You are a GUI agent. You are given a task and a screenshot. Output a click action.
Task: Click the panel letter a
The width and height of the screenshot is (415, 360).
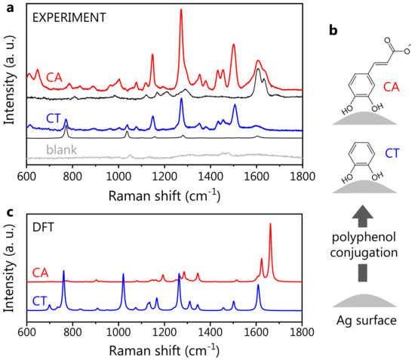click(6, 7)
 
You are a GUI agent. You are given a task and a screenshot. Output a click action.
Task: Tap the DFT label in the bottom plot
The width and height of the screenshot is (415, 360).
click(45, 220)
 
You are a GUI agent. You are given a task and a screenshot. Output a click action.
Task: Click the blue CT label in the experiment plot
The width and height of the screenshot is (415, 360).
click(54, 116)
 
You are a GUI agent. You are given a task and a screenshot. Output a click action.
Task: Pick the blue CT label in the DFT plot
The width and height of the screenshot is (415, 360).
click(41, 300)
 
